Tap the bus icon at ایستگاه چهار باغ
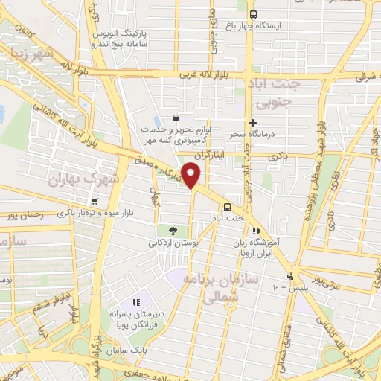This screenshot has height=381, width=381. (253, 14)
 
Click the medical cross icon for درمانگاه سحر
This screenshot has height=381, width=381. (253, 123)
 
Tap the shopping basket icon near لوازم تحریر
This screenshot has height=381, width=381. (176, 117)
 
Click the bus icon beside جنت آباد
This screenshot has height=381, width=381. (227, 208)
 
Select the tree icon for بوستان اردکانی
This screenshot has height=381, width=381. (172, 231)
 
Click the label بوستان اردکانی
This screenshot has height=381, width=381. (172, 243)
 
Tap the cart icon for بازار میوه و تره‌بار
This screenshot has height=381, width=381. (94, 202)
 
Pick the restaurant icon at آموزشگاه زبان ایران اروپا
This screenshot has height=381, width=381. (257, 231)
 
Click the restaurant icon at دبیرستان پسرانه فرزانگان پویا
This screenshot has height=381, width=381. (135, 301)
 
